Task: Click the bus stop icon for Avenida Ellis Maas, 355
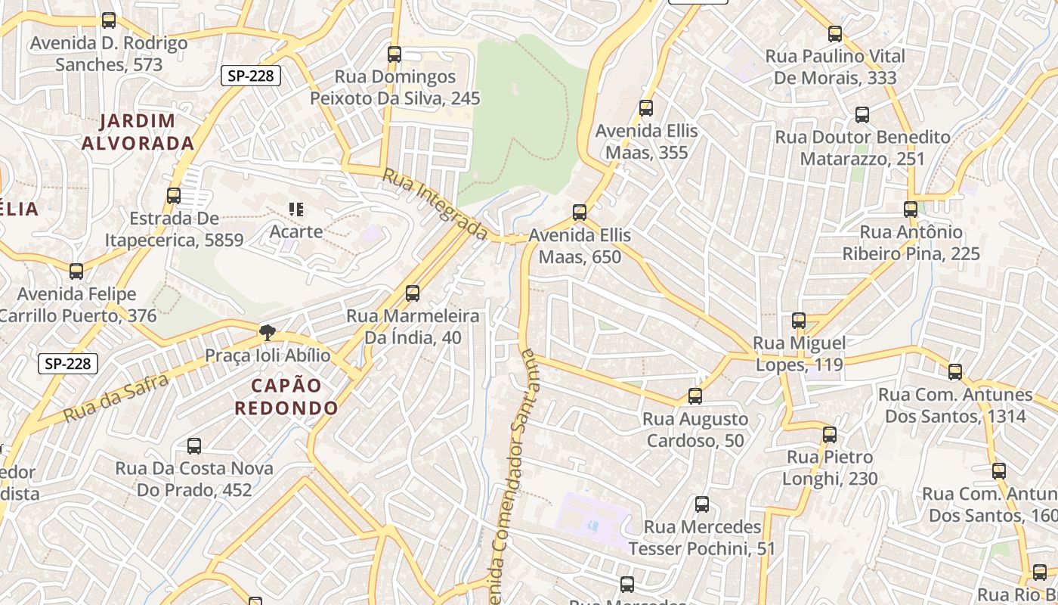pos(645,108)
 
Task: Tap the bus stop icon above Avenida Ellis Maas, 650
pos(580,213)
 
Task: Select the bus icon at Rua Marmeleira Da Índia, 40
pos(413,293)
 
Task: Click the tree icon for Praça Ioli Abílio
pos(267,332)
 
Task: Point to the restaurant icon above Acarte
pos(296,209)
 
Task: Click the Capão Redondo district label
pos(286,397)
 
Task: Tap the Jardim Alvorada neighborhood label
pos(138,132)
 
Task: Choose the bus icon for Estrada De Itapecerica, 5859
pos(174,196)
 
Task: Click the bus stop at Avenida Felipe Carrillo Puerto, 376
pos(76,271)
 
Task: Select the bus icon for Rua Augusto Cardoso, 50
pos(695,396)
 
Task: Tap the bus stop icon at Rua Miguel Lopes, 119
pos(799,321)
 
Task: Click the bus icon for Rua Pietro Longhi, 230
pos(830,435)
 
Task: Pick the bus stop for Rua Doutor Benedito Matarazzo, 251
pos(862,115)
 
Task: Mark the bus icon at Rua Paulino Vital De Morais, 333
pos(835,34)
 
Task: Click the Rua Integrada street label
pos(435,204)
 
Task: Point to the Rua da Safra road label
pos(116,399)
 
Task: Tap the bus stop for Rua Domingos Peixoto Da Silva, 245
pos(394,54)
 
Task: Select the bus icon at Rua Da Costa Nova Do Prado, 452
pos(194,446)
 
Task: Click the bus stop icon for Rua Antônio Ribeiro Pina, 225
pos(911,209)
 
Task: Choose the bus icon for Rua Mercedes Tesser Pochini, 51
pos(702,504)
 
